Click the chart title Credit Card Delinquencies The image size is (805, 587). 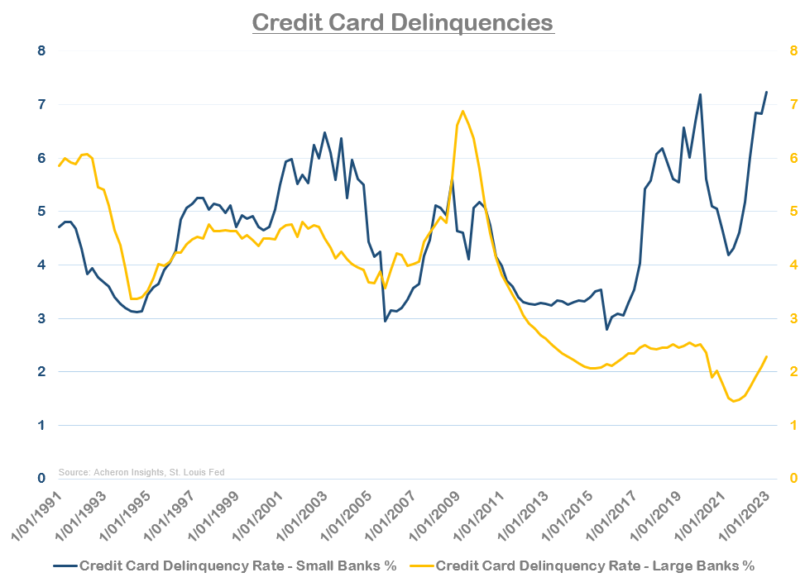pyautogui.click(x=402, y=22)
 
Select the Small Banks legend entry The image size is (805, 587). pyautogui.click(x=225, y=566)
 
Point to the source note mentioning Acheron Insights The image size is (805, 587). pyautogui.click(x=141, y=472)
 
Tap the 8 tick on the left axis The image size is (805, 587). pyautogui.click(x=41, y=51)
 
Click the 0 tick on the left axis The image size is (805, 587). pyautogui.click(x=41, y=479)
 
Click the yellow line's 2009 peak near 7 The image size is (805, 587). pyautogui.click(x=462, y=111)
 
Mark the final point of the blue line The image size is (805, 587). pyautogui.click(x=766, y=92)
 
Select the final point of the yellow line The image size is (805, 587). pyautogui.click(x=766, y=357)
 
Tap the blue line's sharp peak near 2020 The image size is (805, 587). pyautogui.click(x=700, y=94)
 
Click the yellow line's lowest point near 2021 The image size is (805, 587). pyautogui.click(x=734, y=401)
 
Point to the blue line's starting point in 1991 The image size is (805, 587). pyautogui.click(x=59, y=227)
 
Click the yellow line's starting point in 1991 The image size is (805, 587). pyautogui.click(x=59, y=166)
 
